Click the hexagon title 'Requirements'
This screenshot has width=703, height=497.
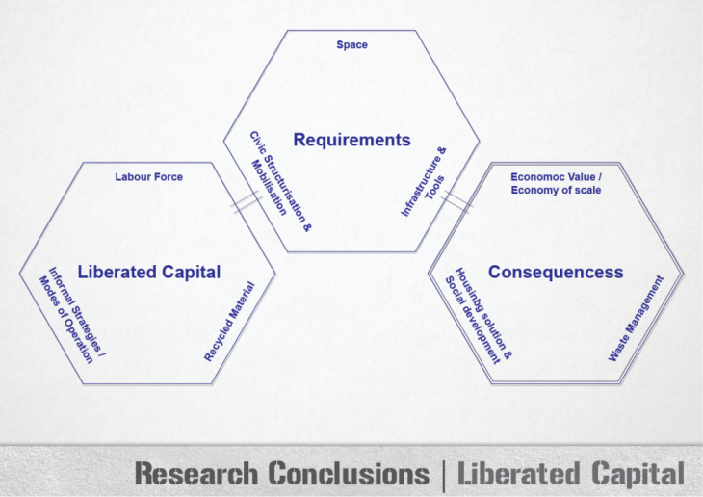tap(351, 141)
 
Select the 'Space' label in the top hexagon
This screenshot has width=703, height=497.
tap(351, 45)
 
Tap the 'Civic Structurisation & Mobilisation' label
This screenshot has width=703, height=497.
tap(273, 173)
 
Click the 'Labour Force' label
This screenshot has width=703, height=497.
tap(148, 177)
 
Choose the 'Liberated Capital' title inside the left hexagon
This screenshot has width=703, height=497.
tap(148, 272)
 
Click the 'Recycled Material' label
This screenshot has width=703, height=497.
tap(229, 322)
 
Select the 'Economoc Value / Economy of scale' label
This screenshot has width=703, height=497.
tap(556, 183)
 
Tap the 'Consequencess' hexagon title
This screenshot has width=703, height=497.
tap(556, 273)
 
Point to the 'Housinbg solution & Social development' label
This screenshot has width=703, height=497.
tap(478, 314)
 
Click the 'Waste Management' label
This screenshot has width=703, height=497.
tap(636, 319)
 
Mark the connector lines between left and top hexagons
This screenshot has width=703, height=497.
tap(247, 202)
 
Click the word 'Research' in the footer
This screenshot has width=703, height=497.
tap(195, 474)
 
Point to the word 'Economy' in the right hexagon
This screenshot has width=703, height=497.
tap(533, 191)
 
